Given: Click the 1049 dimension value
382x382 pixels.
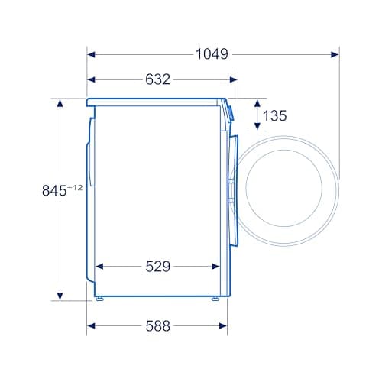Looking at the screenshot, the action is tap(212, 54).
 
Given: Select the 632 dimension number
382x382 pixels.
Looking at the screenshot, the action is tap(157, 79).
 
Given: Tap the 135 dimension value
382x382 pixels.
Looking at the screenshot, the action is tap(274, 115).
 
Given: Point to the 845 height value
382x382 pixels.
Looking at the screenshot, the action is tap(54, 191).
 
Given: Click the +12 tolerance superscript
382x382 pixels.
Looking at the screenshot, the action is tap(75, 188).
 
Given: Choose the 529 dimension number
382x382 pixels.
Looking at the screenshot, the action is tap(157, 267).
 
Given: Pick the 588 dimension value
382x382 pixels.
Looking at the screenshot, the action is tap(157, 326).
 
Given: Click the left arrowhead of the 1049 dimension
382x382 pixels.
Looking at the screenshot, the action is tap(91, 54).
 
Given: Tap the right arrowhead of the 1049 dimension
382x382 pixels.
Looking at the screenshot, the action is tap(335, 54).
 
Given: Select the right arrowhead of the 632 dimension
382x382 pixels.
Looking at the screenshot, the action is tap(234, 79).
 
